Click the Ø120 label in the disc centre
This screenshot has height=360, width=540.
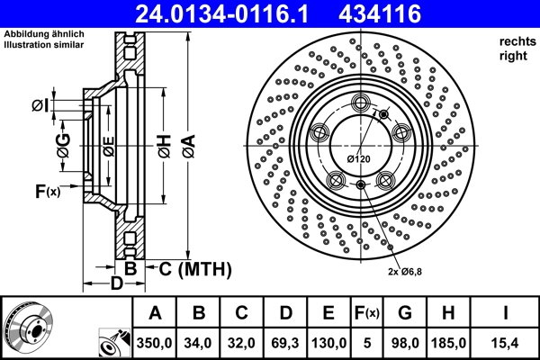click(359, 159)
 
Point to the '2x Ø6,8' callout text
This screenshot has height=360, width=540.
click(406, 271)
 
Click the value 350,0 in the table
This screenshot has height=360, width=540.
click(154, 343)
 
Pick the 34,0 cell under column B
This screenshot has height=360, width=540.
click(199, 343)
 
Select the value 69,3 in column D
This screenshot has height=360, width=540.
click(287, 343)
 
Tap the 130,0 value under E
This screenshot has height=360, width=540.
click(331, 343)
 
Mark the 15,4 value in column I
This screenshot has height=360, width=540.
click(507, 343)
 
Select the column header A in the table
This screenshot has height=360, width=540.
click(154, 314)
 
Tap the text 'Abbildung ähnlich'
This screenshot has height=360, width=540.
click(44, 34)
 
